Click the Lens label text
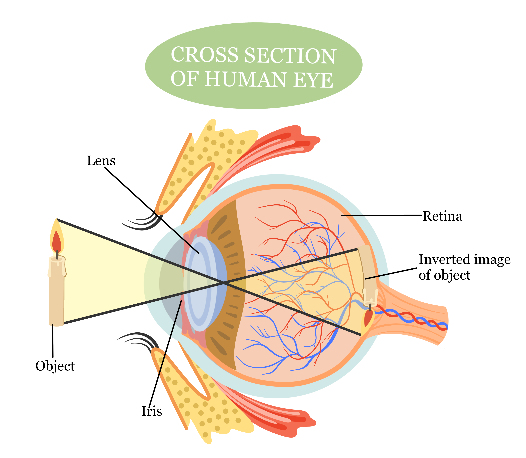(x=101, y=161)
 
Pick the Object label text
(x=55, y=366)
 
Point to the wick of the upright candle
(x=57, y=255)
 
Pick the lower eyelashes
(x=139, y=340)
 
